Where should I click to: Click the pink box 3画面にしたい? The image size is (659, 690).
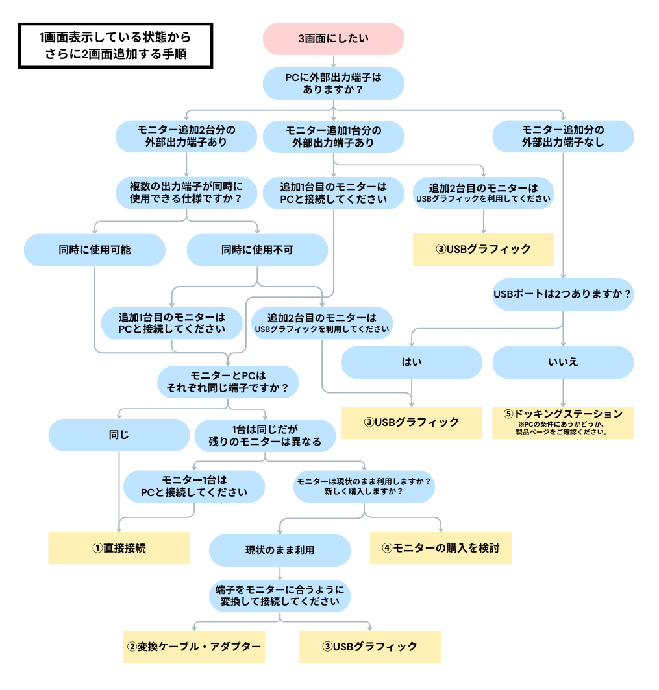coord(333,39)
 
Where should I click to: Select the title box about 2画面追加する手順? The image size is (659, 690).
coord(116,46)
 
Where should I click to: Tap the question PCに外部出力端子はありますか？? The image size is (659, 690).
coord(333,83)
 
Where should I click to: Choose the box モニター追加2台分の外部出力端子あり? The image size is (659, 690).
coord(186,136)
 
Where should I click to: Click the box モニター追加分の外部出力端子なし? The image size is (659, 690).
coord(563,136)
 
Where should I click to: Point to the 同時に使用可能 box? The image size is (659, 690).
coord(95,250)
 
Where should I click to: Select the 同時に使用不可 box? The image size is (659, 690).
coord(257,250)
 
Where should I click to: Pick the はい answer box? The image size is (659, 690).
coord(412,362)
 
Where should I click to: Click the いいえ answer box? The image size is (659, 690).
coord(563,362)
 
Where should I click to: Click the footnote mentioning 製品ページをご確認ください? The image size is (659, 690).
coord(562,429)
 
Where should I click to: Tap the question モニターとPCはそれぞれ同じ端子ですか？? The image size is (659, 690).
coord(228,382)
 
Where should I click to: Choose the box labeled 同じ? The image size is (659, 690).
coord(119,435)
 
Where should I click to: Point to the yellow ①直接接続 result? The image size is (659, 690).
coord(119,548)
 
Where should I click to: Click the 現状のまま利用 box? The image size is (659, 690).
coord(280,550)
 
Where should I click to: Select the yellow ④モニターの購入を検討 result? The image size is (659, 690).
coord(441,548)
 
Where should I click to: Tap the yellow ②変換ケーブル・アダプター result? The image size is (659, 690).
coord(194,647)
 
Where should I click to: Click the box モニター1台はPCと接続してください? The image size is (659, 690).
coord(194,486)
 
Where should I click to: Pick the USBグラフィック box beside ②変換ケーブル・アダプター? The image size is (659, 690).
coord(369,647)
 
